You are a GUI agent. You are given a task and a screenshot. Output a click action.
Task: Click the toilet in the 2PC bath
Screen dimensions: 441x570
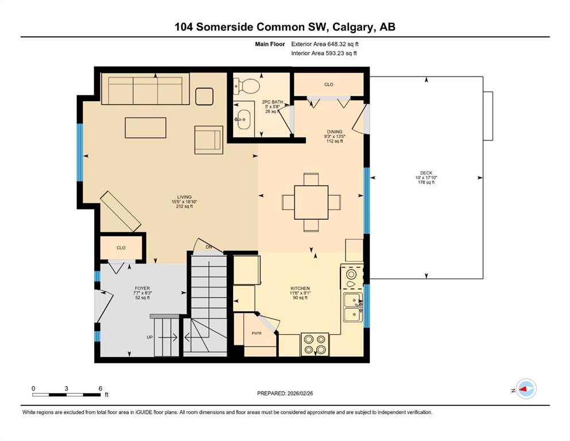(x=246, y=86)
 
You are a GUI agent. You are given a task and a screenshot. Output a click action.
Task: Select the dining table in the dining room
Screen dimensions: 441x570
(x=311, y=202)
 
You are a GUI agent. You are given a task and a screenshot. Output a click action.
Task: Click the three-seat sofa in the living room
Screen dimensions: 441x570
(x=145, y=90)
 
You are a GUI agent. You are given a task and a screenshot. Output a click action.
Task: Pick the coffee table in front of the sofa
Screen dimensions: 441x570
(x=146, y=127)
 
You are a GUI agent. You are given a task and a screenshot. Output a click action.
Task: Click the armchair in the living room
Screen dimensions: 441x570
(x=208, y=140)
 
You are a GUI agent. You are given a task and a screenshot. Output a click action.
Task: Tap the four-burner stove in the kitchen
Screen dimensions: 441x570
(x=315, y=344)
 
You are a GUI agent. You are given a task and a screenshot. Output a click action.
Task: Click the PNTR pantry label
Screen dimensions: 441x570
(x=257, y=333)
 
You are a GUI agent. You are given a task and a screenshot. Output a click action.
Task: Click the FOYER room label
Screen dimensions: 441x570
(x=142, y=288)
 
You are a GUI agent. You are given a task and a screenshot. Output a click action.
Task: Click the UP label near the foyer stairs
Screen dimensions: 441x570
(x=150, y=338)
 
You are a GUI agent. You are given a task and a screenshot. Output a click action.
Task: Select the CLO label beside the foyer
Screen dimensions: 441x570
(x=121, y=248)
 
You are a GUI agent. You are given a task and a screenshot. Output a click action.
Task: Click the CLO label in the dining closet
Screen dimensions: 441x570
(x=328, y=84)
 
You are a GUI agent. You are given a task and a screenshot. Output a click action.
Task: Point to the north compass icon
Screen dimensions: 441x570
(x=525, y=389)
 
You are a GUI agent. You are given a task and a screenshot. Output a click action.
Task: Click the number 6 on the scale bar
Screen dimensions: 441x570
(x=100, y=388)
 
